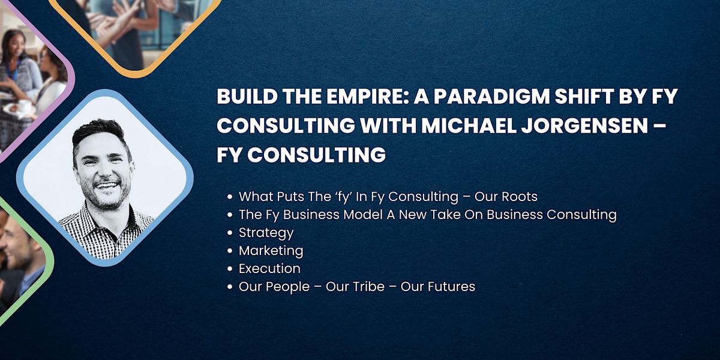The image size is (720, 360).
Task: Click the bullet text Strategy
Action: point(266,233)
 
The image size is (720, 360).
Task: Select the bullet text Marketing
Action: point(271,251)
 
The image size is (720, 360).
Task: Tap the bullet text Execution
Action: point(269,269)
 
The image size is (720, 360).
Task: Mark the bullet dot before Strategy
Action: point(230,233)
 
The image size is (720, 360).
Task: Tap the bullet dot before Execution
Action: point(230,269)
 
